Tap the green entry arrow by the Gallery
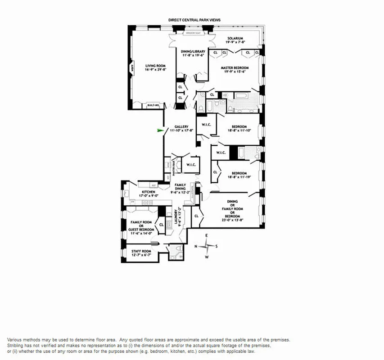(159, 130)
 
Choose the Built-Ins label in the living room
(154, 105)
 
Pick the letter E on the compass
(207, 236)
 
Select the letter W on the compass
(207, 257)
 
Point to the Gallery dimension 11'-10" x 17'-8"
(181, 130)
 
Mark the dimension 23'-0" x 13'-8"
(232, 220)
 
